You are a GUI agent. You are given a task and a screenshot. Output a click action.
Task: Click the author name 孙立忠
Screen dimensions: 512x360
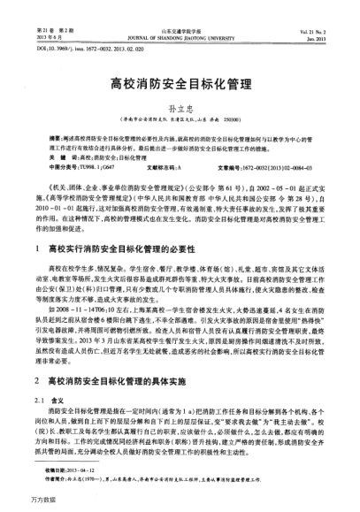click(180, 109)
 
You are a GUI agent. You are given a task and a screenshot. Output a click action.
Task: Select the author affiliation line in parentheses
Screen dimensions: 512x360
click(180, 121)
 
